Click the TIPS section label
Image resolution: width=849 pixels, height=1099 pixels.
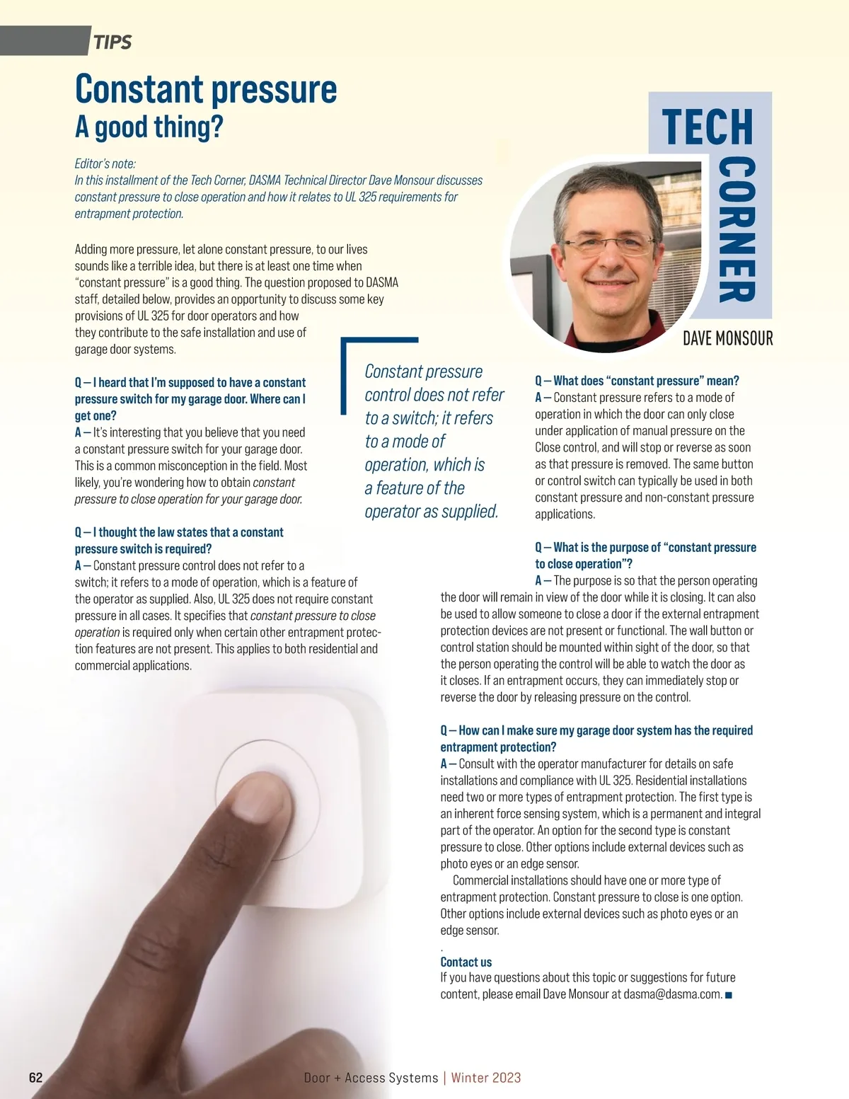[112, 42]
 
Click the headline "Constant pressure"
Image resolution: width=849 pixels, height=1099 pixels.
[206, 90]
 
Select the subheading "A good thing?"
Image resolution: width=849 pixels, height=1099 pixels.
[149, 127]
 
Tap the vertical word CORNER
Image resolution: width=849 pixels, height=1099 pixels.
[737, 231]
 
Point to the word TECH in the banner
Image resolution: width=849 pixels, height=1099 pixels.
[707, 127]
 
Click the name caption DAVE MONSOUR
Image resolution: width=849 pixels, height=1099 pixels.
[727, 338]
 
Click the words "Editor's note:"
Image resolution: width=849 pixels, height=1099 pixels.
[105, 163]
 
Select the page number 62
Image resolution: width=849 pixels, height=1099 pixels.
[35, 1078]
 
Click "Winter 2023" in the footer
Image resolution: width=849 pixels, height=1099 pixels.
[486, 1078]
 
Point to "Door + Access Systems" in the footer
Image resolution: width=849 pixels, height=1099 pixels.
[371, 1078]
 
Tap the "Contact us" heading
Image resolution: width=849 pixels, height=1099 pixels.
[466, 962]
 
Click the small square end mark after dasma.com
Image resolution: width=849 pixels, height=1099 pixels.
[729, 995]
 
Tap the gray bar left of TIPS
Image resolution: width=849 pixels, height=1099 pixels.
[42, 40]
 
